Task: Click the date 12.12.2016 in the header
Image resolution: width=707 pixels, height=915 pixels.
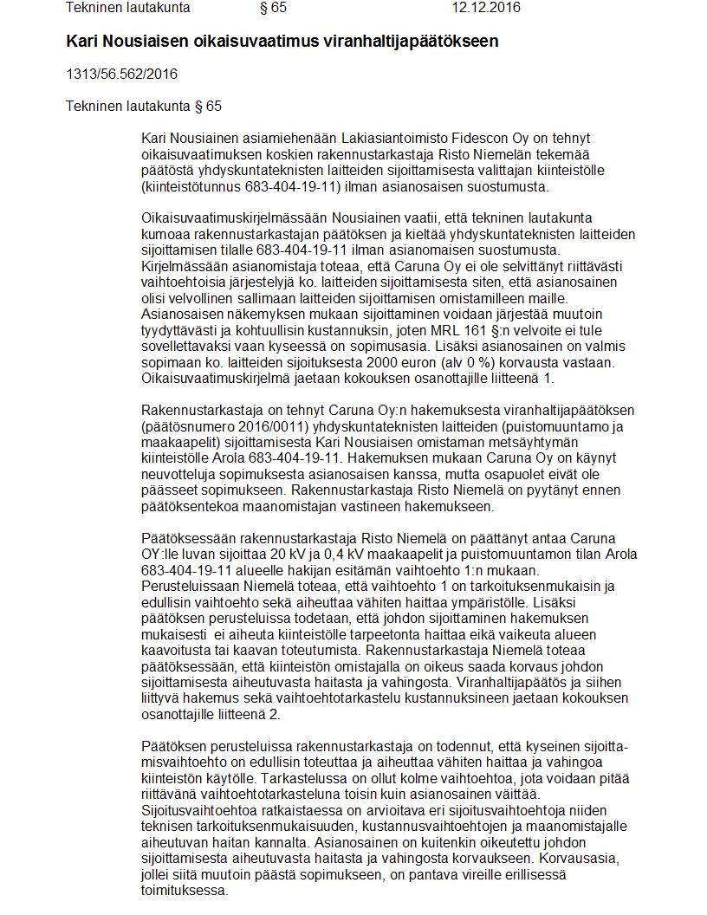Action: point(486,9)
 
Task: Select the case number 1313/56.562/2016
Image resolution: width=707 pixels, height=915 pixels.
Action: point(121,74)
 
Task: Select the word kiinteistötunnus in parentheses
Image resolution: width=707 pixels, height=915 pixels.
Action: point(191,187)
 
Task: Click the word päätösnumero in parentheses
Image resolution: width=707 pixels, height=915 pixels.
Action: point(185,426)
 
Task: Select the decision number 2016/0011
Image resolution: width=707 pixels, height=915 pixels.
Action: point(259,426)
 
